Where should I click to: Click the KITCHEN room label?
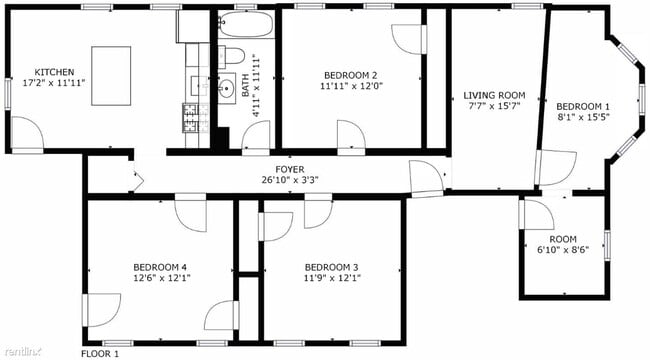tap(54, 73)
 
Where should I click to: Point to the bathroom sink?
tap(226, 87)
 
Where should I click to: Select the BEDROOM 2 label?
tap(349, 75)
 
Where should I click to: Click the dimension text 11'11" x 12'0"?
tap(349, 87)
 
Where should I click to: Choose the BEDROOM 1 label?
tap(583, 107)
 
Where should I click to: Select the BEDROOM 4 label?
tap(160, 267)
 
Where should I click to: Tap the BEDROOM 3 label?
tap(331, 267)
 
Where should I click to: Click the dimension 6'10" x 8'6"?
tap(562, 251)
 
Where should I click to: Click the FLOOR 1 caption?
tap(99, 353)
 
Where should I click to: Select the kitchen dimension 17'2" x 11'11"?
tap(54, 85)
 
